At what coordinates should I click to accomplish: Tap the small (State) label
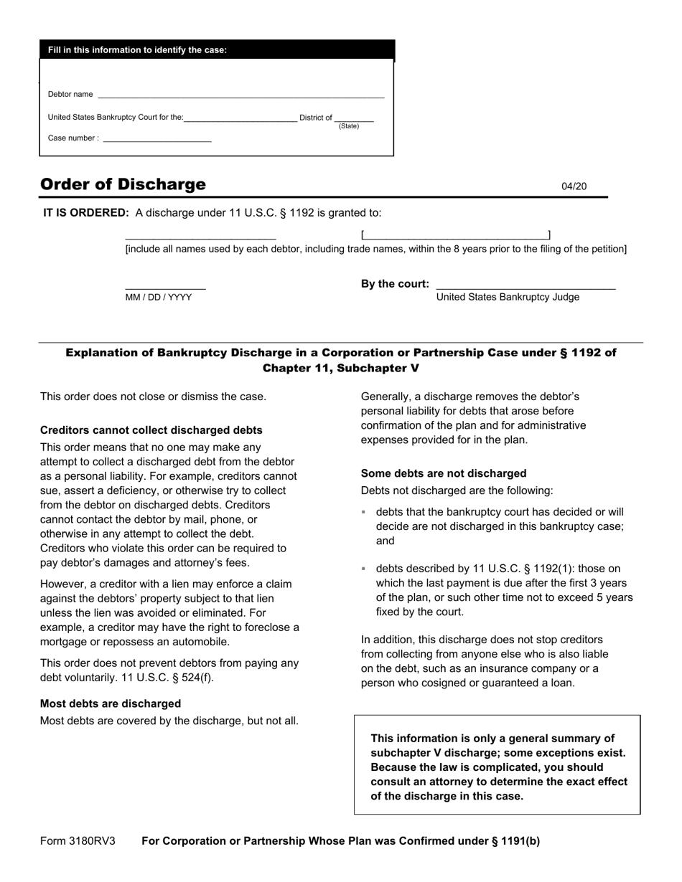[x=349, y=126]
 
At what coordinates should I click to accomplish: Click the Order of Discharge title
[x=123, y=184]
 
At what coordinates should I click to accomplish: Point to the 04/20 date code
[x=574, y=186]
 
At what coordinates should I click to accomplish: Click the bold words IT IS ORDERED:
[x=86, y=213]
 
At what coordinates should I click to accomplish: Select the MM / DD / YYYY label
[x=159, y=297]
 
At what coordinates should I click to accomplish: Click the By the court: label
[x=395, y=284]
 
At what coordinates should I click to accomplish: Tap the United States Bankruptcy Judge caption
[x=508, y=297]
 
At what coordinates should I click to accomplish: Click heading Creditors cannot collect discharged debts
[x=151, y=430]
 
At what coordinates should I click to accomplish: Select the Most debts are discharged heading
[x=111, y=703]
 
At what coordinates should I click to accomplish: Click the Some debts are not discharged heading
[x=444, y=473]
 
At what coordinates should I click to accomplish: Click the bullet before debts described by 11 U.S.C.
[x=364, y=569]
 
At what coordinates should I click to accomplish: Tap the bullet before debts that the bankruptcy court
[x=364, y=512]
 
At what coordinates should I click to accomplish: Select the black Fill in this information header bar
[x=217, y=50]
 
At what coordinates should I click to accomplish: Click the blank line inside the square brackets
[x=456, y=235]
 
